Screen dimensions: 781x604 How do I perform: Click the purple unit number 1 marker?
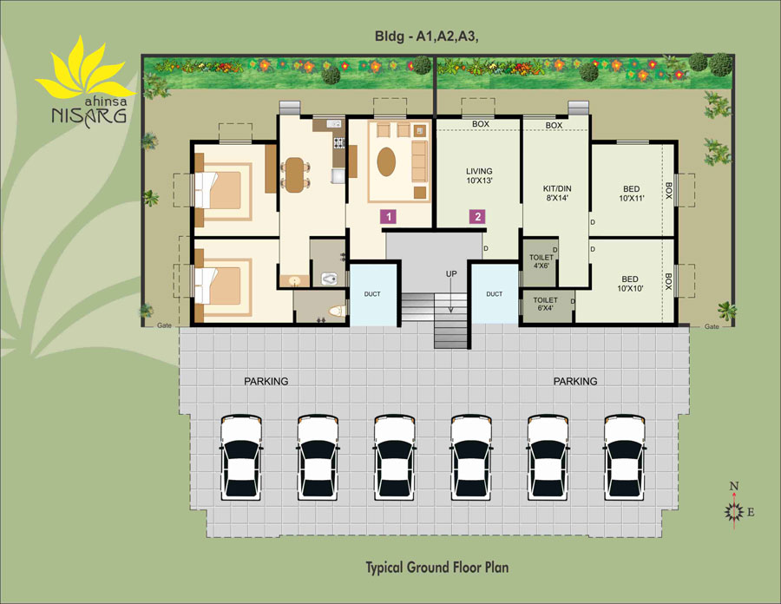tap(389, 217)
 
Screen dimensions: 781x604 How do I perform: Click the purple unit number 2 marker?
tap(477, 217)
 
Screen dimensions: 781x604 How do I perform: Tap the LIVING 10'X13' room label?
tap(479, 176)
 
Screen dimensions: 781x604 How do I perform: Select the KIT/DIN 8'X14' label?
tap(557, 194)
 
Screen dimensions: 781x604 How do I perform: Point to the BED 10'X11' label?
tap(631, 194)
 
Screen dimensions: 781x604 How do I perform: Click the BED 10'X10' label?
tap(630, 284)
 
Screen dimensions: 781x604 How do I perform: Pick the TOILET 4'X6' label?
tap(541, 261)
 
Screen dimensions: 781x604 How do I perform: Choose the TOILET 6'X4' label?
tap(546, 304)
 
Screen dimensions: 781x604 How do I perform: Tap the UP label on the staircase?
tap(451, 274)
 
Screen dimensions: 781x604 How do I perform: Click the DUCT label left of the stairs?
tap(372, 294)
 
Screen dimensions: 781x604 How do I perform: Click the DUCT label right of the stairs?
tap(494, 294)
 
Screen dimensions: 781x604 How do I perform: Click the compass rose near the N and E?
tap(733, 511)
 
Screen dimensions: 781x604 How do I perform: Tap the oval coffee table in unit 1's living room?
tap(386, 161)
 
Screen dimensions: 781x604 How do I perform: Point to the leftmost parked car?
tap(241, 457)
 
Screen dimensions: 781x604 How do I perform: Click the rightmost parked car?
tap(625, 457)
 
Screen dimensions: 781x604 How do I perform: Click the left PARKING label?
tap(266, 382)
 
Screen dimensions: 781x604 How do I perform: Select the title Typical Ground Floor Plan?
tap(437, 568)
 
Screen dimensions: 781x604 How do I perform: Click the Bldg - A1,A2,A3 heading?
tap(427, 36)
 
